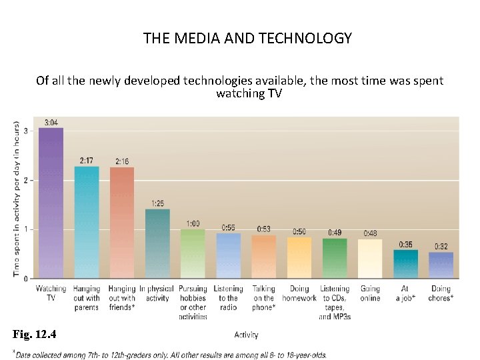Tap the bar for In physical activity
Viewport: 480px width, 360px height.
157,244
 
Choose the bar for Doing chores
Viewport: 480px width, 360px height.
441,265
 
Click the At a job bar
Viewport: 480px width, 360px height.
405,264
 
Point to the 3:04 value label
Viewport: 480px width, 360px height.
51,123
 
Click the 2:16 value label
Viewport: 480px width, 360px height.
122,161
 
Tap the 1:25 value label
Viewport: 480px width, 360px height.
158,203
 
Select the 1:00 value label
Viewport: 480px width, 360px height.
193,223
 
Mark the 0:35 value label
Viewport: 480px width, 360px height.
405,245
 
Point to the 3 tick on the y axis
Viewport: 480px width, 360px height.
25,131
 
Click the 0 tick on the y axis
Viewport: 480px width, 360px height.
25,278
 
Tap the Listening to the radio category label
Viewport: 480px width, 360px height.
228,298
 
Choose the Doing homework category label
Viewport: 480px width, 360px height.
299,293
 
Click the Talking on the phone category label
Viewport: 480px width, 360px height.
263,298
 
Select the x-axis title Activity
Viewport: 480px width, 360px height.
246,335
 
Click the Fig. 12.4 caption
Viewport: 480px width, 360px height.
35,334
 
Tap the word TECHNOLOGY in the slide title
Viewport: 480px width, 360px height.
307,38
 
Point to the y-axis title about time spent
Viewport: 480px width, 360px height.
15,199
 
